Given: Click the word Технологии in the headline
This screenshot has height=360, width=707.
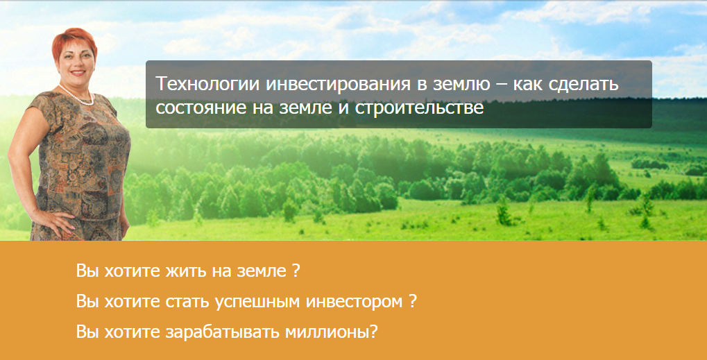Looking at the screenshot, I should (198, 85).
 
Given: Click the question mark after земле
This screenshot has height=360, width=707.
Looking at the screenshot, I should (296, 271).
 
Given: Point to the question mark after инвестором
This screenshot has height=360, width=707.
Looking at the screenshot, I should (412, 302).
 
